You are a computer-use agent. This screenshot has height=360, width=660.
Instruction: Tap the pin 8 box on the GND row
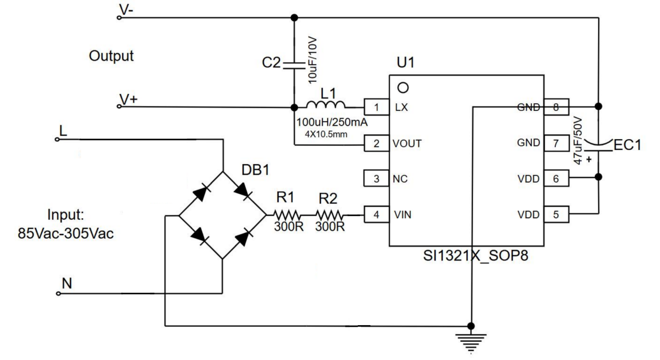tap(556, 107)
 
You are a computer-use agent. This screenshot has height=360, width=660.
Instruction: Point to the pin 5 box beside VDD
tap(556, 214)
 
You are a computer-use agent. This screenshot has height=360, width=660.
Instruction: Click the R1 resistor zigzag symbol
tap(288, 214)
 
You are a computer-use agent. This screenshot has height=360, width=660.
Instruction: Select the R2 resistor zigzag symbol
tap(330, 214)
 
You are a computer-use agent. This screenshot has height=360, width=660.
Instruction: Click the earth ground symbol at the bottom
tap(472, 339)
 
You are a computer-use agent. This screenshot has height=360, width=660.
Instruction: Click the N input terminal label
tap(66, 283)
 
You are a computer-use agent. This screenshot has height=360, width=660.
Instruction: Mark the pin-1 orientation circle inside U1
tap(402, 86)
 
